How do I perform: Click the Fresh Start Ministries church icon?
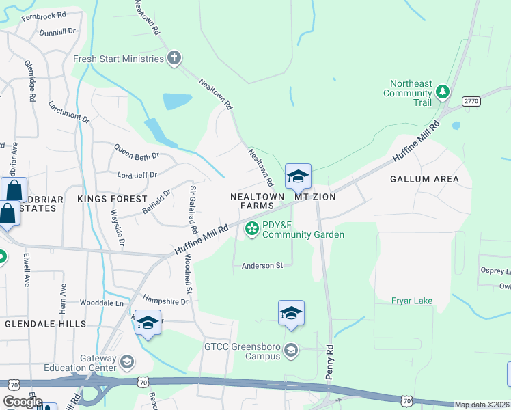coord(174,58)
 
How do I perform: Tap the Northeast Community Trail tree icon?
coord(443,91)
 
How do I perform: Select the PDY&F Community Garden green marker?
coord(252,228)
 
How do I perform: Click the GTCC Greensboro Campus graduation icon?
coord(291,351)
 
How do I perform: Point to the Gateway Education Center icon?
coord(126,361)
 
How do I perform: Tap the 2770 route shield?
coord(471,100)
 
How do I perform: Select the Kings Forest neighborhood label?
coord(112,198)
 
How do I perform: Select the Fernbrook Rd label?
coord(44,15)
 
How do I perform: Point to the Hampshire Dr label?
coord(165,301)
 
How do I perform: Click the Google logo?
coord(22,401)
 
